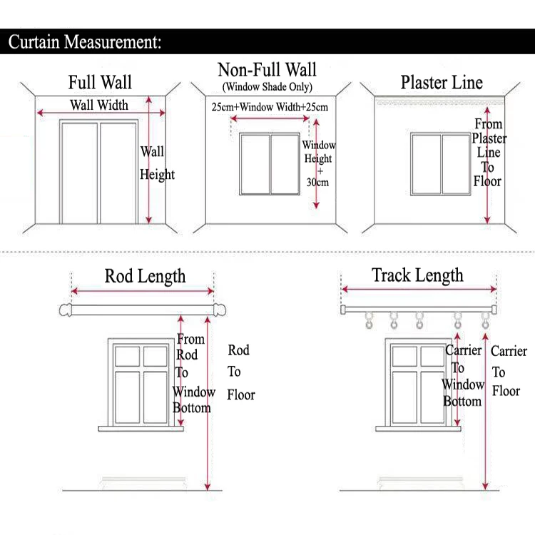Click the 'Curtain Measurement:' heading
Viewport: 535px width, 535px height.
(85, 41)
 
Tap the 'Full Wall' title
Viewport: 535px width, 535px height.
(100, 82)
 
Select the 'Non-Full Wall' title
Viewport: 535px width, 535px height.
(267, 70)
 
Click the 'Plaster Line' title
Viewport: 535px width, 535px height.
(442, 82)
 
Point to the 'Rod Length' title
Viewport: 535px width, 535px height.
(145, 276)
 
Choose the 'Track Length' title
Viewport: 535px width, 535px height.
(417, 275)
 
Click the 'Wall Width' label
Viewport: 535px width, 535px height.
(99, 106)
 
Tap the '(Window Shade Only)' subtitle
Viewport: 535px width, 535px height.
(267, 87)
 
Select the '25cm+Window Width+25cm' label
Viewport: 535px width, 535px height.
(270, 108)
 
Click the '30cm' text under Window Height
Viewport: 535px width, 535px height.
(318, 183)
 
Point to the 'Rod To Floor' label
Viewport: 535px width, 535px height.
(240, 372)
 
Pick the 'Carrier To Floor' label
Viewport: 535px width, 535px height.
(509, 371)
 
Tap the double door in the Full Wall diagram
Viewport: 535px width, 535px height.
(99, 172)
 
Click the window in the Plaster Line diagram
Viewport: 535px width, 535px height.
(441, 163)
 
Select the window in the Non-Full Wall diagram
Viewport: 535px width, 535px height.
(270, 163)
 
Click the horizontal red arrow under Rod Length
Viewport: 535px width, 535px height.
(143, 291)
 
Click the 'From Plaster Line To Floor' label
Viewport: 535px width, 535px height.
(488, 153)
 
